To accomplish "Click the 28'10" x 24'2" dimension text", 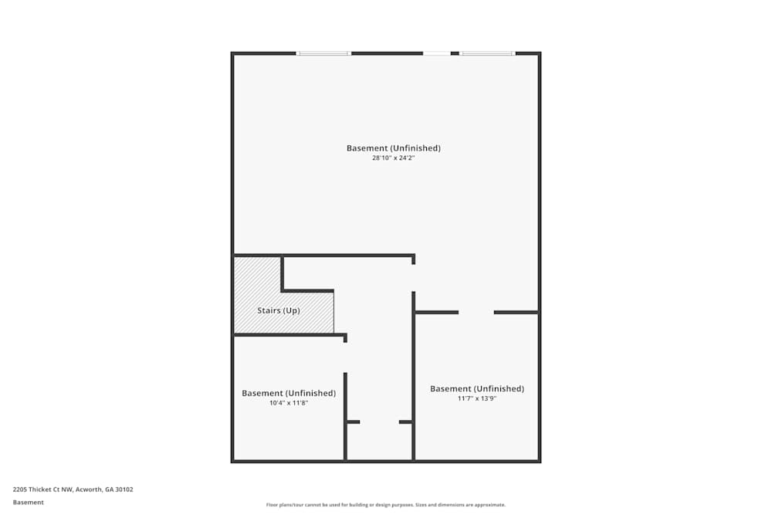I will click(x=394, y=158).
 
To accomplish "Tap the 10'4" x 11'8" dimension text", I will click(x=288, y=402).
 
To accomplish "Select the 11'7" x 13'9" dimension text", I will click(x=476, y=398).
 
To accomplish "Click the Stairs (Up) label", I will click(x=278, y=310).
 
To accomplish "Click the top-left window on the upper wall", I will click(x=323, y=53).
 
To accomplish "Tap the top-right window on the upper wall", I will click(x=487, y=53).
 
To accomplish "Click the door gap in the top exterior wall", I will click(x=437, y=53).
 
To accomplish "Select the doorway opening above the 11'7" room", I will click(x=476, y=312).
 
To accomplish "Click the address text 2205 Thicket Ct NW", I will click(x=42, y=489).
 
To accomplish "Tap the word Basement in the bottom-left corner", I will click(x=28, y=502).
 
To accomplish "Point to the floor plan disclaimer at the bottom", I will click(x=386, y=505).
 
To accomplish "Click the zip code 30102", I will click(x=124, y=489).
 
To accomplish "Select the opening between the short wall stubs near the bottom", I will click(x=379, y=422).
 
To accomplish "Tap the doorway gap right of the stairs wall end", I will click(x=413, y=277).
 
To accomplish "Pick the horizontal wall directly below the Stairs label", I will click(x=289, y=334).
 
